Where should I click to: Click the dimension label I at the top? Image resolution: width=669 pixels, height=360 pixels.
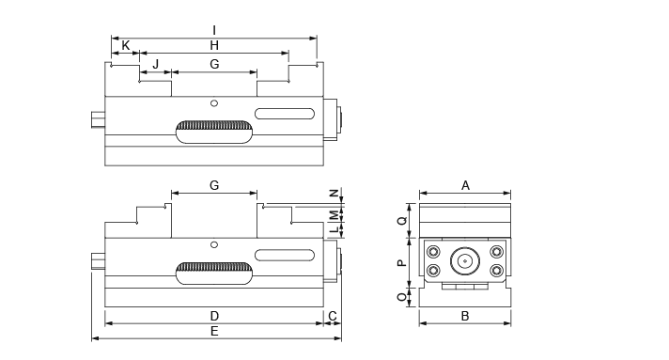pos(214,30)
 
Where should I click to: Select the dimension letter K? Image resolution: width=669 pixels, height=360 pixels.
pos(126,45)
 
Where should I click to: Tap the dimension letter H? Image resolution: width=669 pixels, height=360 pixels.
pos(214,45)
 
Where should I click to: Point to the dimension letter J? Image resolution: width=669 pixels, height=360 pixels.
pos(156,64)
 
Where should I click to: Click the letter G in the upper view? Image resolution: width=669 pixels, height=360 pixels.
pos(214,64)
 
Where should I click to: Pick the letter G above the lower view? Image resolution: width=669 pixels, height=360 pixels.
pos(214,185)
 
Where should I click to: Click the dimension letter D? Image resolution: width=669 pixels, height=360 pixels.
pos(214,316)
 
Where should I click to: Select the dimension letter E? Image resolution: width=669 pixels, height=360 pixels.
pos(214,331)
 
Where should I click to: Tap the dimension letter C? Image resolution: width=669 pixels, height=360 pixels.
pos(333,316)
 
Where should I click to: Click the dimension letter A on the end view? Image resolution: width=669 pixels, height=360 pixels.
pos(465,185)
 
